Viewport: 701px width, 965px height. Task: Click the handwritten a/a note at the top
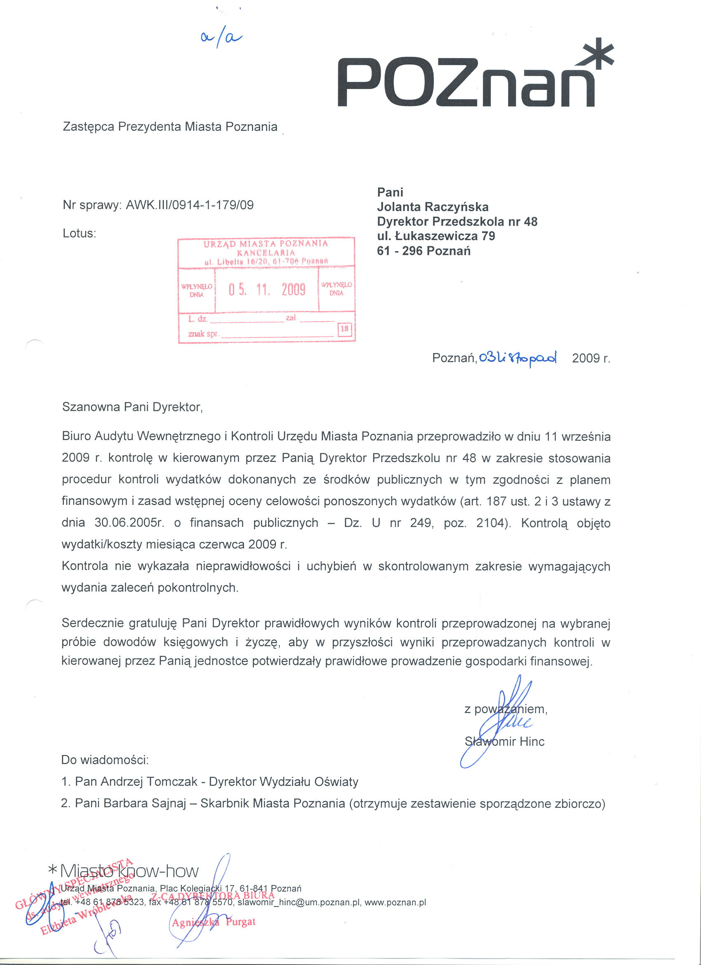(x=221, y=38)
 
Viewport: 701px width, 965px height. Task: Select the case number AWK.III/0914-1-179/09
(x=190, y=205)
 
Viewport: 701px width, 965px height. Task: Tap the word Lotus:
(x=80, y=233)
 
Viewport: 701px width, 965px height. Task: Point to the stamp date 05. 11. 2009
(x=267, y=290)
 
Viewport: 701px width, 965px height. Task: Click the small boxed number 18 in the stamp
(x=345, y=329)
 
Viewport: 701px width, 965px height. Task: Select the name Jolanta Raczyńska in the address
(x=433, y=207)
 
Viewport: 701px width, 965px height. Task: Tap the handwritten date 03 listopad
(x=517, y=358)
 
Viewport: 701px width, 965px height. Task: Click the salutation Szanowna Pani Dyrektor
(x=132, y=407)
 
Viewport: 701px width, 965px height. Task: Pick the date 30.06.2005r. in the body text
(x=129, y=523)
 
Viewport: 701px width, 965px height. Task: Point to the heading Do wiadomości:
(x=105, y=760)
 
